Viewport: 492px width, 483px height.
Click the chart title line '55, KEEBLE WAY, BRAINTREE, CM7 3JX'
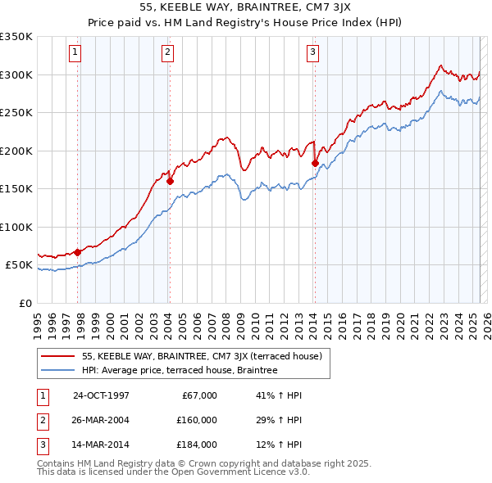click(245, 9)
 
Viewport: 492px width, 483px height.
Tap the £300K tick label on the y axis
click(16, 74)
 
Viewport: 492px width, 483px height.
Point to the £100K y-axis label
click(16, 227)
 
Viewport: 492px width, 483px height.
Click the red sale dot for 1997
click(77, 252)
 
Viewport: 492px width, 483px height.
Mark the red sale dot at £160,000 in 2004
click(171, 181)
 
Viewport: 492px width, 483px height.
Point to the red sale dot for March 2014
click(315, 163)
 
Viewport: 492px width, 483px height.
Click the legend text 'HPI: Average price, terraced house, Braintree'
click(180, 370)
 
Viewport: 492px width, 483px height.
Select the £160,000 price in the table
click(197, 420)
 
